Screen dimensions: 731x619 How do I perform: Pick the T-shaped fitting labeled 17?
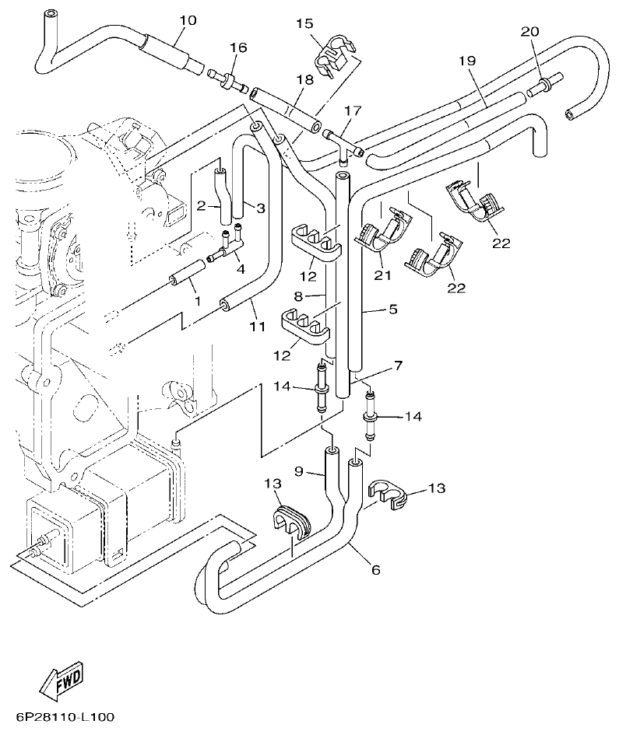[x=343, y=142]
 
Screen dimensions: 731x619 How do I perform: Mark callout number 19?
[x=466, y=61]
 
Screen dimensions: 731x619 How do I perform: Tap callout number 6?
[x=375, y=570]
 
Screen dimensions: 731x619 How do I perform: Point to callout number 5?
[x=392, y=310]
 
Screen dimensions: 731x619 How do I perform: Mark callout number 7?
[x=398, y=365]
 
